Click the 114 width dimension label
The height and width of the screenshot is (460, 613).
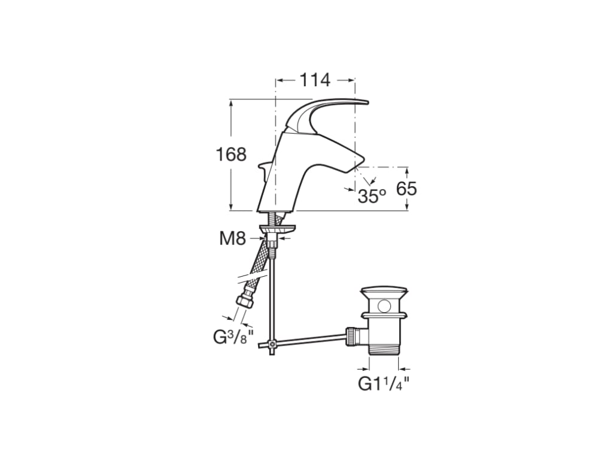click(315, 80)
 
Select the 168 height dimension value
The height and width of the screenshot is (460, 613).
click(231, 155)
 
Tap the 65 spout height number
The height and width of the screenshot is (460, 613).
click(406, 189)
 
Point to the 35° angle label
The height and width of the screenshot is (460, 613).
click(372, 196)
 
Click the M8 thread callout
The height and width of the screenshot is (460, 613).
click(232, 239)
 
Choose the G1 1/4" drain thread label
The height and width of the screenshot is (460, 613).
click(384, 384)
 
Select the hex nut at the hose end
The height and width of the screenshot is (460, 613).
click(245, 300)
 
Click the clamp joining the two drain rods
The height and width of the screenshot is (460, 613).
click(272, 344)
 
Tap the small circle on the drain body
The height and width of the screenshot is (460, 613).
click(384, 306)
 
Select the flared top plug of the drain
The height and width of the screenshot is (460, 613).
click(384, 293)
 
